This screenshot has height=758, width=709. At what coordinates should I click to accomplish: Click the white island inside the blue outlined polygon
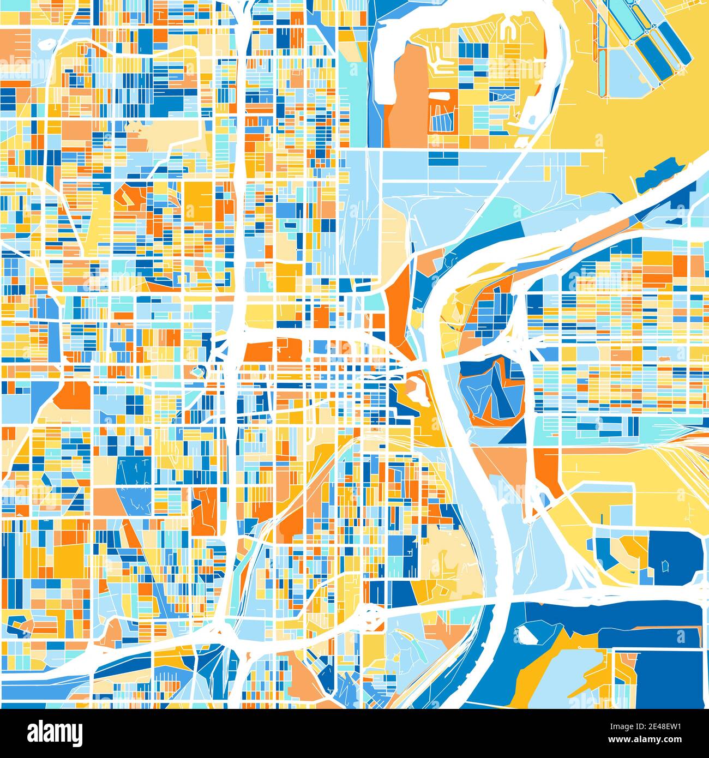click(x=527, y=634)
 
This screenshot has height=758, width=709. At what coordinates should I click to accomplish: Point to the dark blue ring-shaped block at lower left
click(x=19, y=627)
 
